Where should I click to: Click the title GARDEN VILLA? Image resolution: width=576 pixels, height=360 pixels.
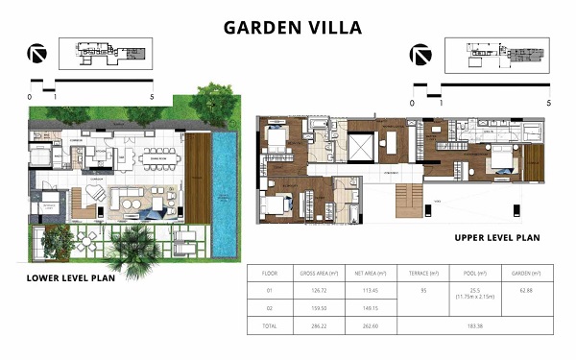coord(293,27)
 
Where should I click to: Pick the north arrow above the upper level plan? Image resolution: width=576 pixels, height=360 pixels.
coord(419,54)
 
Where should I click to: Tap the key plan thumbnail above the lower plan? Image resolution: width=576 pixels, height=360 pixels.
coord(102,54)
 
